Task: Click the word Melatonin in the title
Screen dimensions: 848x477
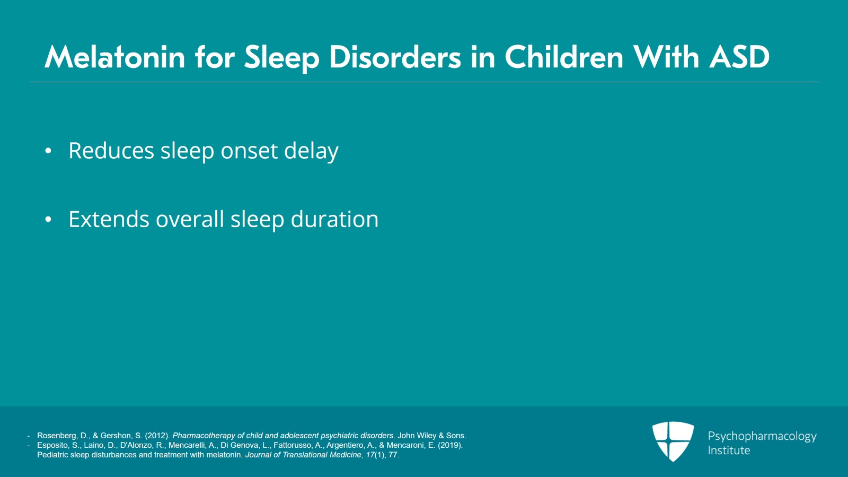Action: click(114, 57)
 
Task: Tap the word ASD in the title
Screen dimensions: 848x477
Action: click(739, 57)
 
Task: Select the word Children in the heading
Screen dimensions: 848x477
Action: click(564, 57)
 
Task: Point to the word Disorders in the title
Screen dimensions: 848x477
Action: click(395, 57)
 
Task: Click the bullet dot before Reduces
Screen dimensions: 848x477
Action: click(48, 151)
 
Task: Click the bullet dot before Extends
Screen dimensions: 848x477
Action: click(48, 219)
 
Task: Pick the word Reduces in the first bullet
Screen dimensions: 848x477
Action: click(111, 150)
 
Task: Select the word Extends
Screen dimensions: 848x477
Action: click(109, 219)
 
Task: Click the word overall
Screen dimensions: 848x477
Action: click(190, 219)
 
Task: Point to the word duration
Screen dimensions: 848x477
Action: click(334, 219)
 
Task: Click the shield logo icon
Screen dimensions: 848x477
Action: click(673, 441)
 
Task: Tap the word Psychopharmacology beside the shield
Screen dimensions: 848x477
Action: click(762, 437)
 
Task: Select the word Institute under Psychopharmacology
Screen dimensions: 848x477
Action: click(729, 450)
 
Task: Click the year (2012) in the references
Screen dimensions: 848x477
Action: click(157, 436)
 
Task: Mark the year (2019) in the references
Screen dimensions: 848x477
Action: click(450, 445)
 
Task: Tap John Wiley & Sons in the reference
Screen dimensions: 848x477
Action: click(431, 436)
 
